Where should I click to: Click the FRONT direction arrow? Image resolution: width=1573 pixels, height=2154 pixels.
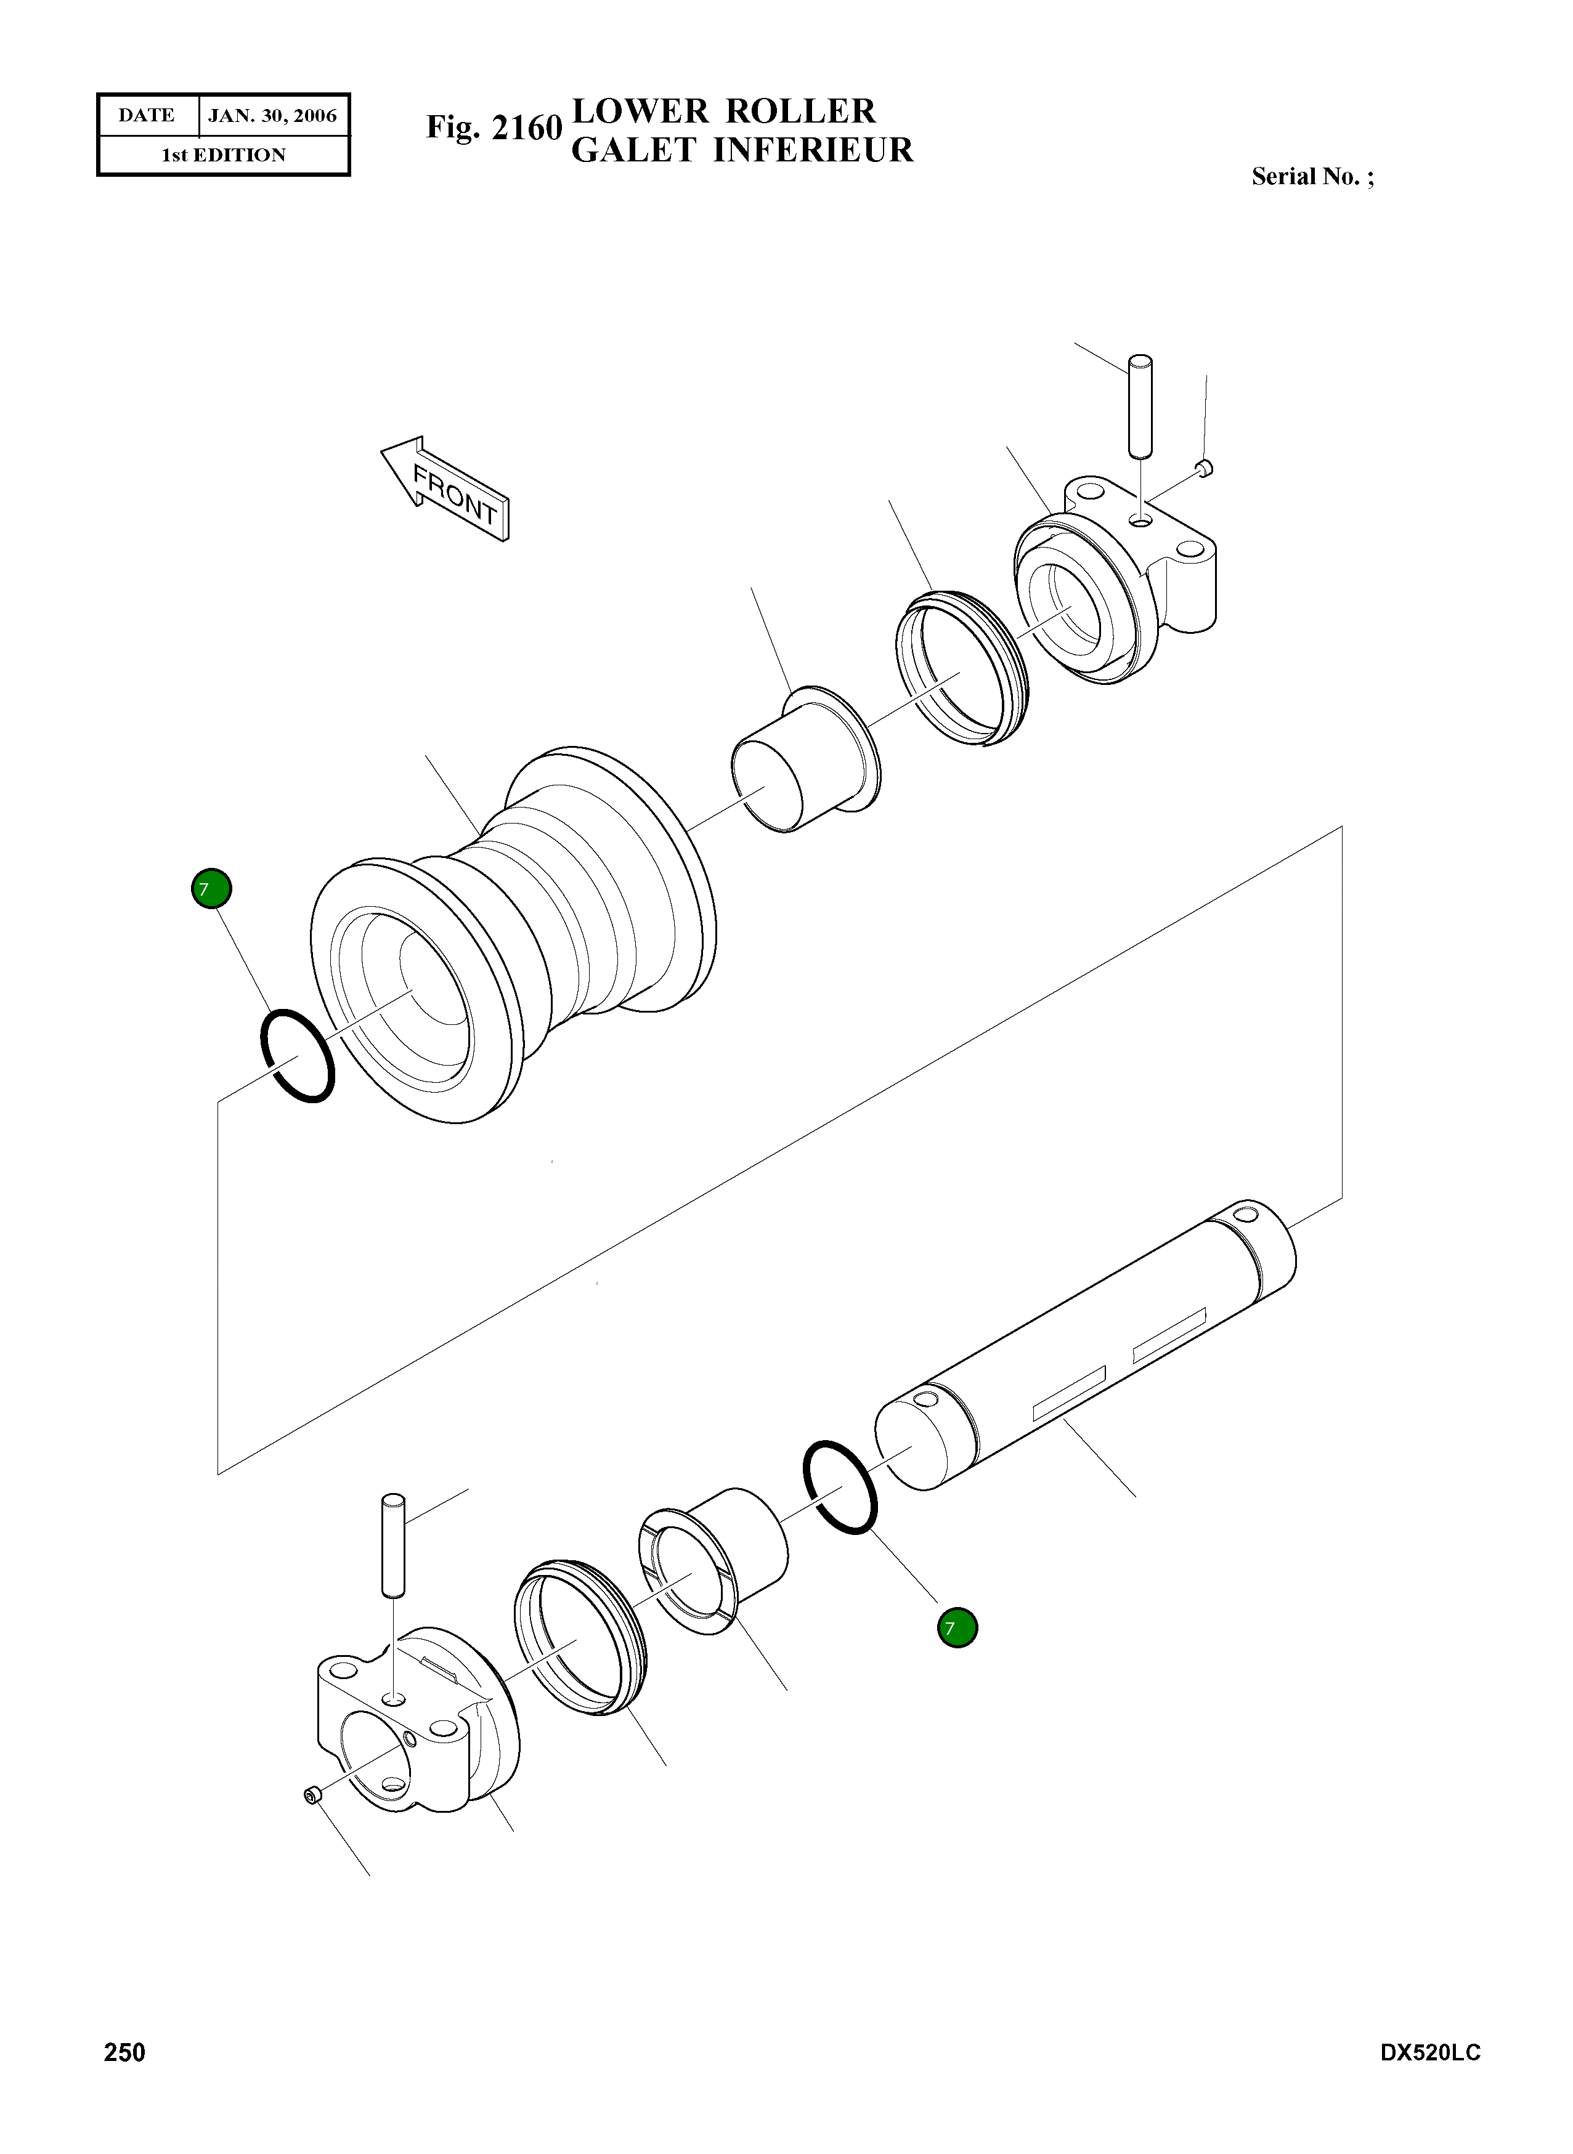pos(445,488)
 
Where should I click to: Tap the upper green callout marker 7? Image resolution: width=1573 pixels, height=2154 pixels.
pos(211,889)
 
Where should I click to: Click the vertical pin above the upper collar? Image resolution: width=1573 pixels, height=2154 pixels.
pos(1140,405)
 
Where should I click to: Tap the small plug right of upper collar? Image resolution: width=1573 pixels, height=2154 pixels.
pos(1205,466)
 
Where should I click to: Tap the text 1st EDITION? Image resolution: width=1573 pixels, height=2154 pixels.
pos(224,155)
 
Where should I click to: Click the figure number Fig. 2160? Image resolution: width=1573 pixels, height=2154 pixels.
pos(494,127)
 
